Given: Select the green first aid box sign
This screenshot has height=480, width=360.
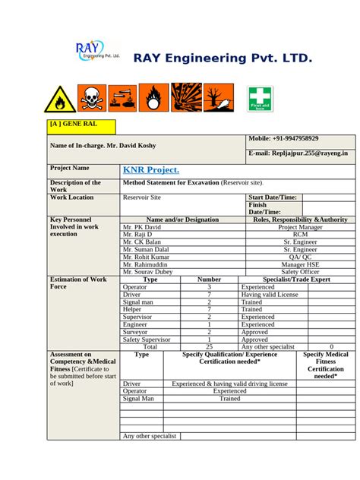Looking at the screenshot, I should pos(261,99).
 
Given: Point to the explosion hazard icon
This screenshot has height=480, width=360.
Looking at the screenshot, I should pos(186,97).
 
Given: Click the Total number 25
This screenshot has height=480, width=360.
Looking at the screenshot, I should pos(209,346).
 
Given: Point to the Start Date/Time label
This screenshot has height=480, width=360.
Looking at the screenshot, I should pos(273,197).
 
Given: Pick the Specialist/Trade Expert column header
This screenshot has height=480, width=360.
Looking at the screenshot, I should pos(296,279).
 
